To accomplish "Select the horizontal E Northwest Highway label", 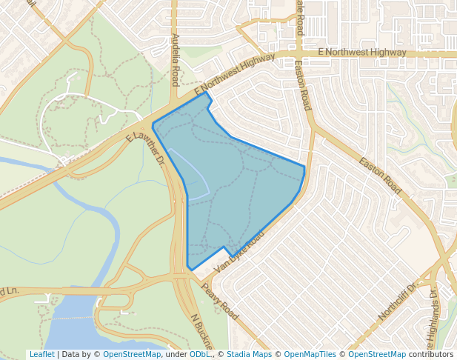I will pyautogui.click(x=361, y=53).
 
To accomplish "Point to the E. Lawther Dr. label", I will pyautogui.click(x=145, y=145).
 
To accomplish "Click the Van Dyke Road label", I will pyautogui.click(x=238, y=251).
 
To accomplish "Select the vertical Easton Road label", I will pyautogui.click(x=303, y=87).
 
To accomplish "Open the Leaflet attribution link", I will pyautogui.click(x=41, y=354).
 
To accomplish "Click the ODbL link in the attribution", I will pyautogui.click(x=199, y=354).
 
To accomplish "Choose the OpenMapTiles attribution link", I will pyautogui.click(x=310, y=354).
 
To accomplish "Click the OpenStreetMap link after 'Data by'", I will pyautogui.click(x=132, y=354).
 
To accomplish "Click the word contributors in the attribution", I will pyautogui.click(x=431, y=354).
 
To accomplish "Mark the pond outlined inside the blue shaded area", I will pyautogui.click(x=189, y=175).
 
